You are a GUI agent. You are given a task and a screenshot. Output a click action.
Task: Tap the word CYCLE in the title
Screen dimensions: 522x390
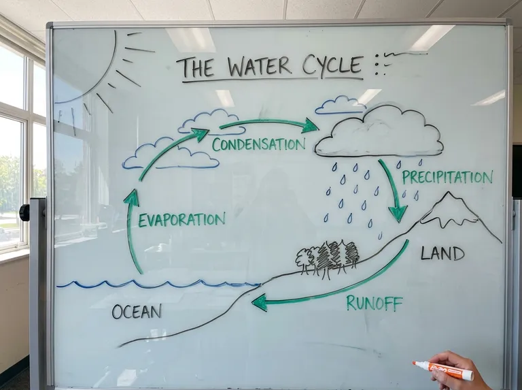click(332, 65)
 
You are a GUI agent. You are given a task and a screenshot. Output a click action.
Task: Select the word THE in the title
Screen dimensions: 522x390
click(196, 67)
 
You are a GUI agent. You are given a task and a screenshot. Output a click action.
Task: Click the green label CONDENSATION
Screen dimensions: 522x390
click(259, 144)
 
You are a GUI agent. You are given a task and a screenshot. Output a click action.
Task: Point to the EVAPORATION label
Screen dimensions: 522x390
click(181, 220)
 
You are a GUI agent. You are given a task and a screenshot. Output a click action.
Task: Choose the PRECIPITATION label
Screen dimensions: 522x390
click(447, 178)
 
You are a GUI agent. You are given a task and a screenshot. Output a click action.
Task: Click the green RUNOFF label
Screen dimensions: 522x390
click(375, 303)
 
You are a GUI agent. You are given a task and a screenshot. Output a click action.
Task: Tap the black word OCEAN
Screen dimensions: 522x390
click(137, 312)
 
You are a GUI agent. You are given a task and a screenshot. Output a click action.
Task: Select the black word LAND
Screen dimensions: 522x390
click(442, 253)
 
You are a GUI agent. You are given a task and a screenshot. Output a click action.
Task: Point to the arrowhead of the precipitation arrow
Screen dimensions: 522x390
click(398, 214)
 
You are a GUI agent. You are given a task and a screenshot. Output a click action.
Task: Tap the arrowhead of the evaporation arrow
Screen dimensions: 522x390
click(131, 197)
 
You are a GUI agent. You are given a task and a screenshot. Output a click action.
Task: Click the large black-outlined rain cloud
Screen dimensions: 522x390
click(379, 132)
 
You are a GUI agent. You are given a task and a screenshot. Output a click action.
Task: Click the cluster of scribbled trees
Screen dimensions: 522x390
click(328, 257)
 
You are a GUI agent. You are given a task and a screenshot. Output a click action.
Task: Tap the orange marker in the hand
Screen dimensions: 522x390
click(443, 370)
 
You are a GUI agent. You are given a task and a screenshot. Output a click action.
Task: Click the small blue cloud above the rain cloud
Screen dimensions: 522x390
click(340, 105)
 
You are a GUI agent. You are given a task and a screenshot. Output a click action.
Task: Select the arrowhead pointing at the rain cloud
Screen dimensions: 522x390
click(309, 126)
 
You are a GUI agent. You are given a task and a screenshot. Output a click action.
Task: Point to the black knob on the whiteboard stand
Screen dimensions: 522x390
click(24, 213)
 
